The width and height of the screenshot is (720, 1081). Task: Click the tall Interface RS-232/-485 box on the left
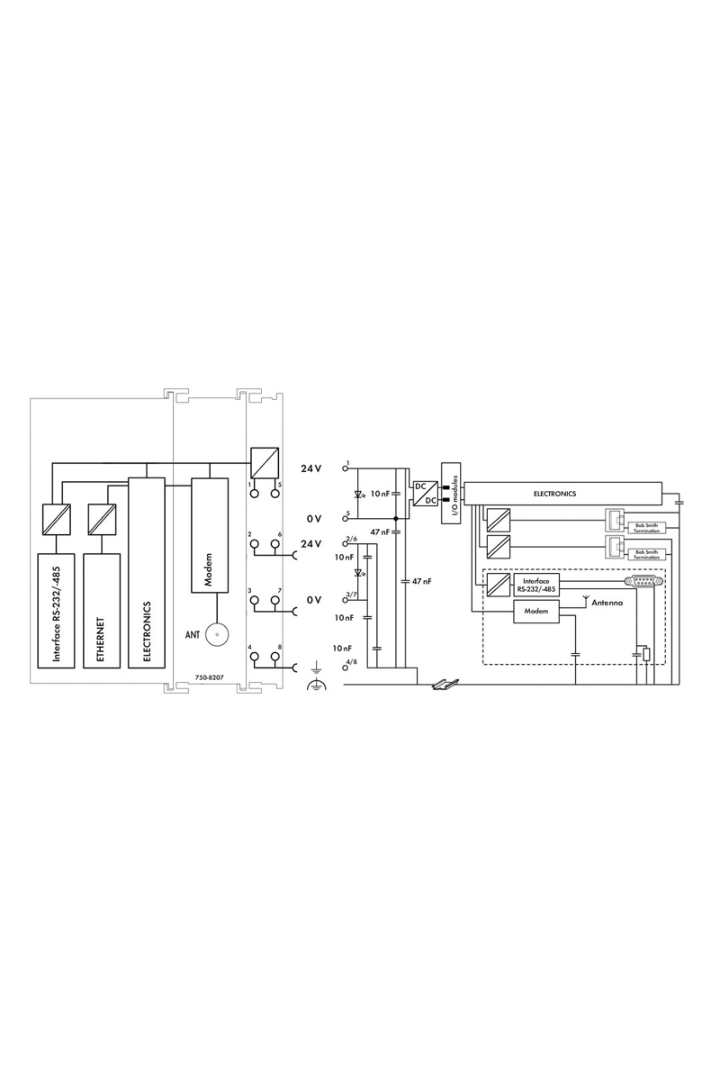point(56,611)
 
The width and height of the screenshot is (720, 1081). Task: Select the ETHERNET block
point(102,611)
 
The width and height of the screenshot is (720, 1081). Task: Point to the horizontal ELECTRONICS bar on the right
point(562,494)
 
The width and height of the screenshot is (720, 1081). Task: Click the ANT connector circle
point(217,635)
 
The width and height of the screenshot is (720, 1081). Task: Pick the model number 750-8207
point(210,677)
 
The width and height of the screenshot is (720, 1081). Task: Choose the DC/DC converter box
point(425,494)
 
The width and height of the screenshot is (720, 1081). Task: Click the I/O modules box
point(451,494)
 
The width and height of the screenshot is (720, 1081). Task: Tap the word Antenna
point(607,603)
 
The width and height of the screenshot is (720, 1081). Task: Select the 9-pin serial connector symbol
point(643,582)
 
